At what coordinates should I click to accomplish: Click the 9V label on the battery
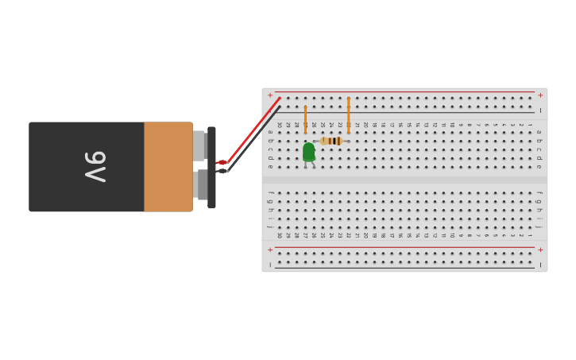(x=95, y=167)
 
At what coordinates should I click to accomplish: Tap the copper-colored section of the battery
(x=168, y=167)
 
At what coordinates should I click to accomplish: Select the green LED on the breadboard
(x=309, y=152)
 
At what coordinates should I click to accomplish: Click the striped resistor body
(x=332, y=141)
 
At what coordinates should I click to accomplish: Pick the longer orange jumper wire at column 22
(x=348, y=115)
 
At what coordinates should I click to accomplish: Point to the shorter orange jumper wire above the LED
(x=305, y=119)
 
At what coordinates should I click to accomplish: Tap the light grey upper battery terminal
(x=199, y=145)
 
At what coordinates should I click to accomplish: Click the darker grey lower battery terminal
(x=202, y=184)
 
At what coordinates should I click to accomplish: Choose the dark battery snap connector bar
(x=211, y=168)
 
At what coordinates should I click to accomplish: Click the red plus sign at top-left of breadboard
(x=270, y=95)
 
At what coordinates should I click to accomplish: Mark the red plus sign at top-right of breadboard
(x=540, y=95)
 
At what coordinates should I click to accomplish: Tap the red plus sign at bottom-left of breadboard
(x=270, y=250)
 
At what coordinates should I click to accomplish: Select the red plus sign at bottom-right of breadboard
(x=540, y=250)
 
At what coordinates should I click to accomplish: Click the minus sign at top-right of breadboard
(x=540, y=110)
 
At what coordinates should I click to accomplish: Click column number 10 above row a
(x=452, y=125)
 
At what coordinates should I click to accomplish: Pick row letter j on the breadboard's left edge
(x=270, y=227)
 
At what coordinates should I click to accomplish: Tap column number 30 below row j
(x=279, y=235)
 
